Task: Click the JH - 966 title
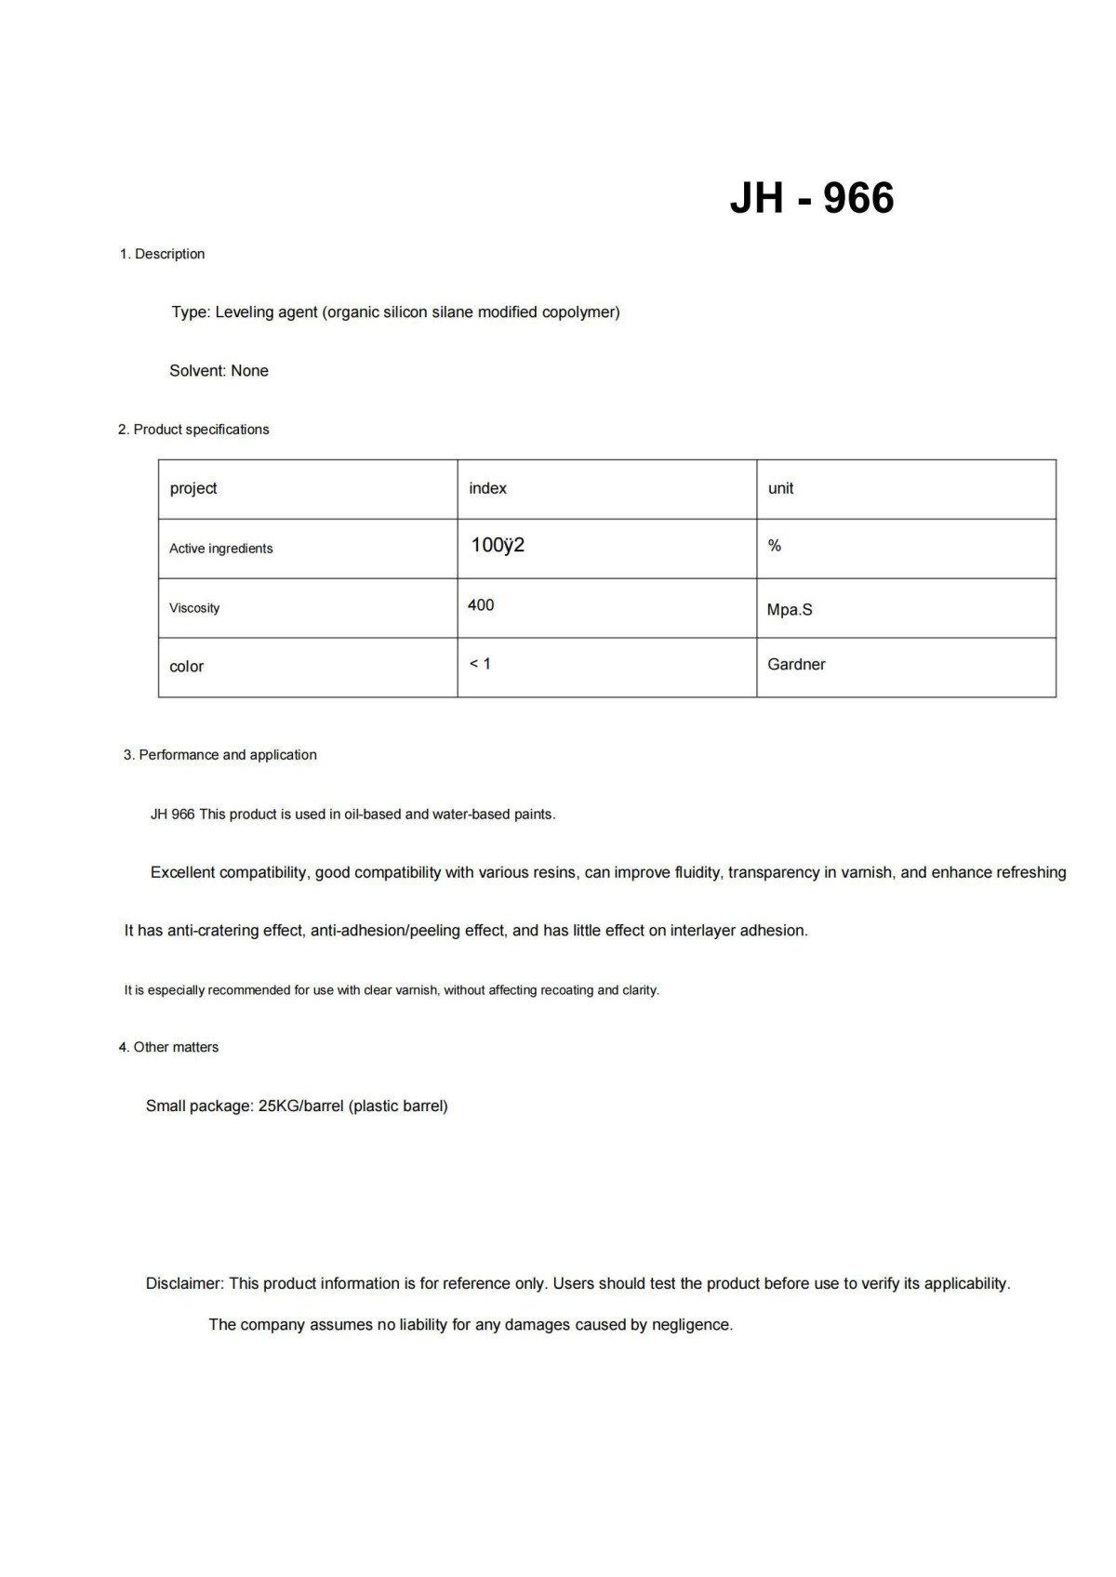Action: tap(811, 198)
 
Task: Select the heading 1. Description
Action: tap(162, 254)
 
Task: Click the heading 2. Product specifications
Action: tap(193, 430)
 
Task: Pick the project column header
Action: tap(193, 488)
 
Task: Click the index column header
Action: tap(487, 488)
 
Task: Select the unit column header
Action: tap(780, 488)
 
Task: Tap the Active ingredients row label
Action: tap(221, 549)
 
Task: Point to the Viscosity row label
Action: tap(194, 608)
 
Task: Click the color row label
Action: tap(186, 667)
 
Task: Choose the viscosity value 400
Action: tap(481, 605)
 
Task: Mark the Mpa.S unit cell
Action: tap(790, 610)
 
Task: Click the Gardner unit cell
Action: tap(796, 664)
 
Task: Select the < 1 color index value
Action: tap(480, 664)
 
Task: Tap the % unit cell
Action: tap(774, 546)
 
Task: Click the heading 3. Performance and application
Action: tap(220, 755)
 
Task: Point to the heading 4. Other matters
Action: tap(168, 1047)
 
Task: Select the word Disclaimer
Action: tap(184, 1283)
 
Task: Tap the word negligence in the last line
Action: tap(691, 1324)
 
